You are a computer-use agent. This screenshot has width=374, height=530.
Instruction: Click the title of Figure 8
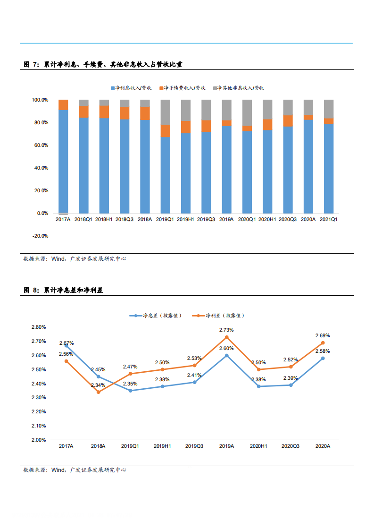click(x=63, y=290)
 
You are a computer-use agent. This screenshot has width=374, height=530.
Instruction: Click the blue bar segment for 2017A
click(x=63, y=161)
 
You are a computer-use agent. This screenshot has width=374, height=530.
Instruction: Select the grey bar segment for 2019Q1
click(x=166, y=112)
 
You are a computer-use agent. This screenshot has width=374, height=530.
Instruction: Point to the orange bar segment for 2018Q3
click(x=125, y=113)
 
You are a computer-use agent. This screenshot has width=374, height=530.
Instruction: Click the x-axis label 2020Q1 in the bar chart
click(x=247, y=220)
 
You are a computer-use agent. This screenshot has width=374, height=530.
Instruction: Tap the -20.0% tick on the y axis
click(x=40, y=236)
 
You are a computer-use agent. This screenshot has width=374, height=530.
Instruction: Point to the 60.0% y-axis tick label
click(x=40, y=145)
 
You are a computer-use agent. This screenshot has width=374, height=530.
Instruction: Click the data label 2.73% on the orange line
click(x=226, y=330)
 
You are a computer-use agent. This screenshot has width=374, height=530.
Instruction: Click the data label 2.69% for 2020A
click(x=323, y=336)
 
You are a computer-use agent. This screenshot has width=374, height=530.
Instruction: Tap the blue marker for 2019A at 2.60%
click(x=226, y=355)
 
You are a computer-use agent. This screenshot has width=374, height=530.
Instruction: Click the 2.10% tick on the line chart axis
click(x=38, y=426)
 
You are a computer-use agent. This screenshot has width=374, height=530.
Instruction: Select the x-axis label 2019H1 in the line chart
click(x=162, y=446)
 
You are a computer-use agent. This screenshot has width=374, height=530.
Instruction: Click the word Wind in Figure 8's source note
click(x=58, y=470)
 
